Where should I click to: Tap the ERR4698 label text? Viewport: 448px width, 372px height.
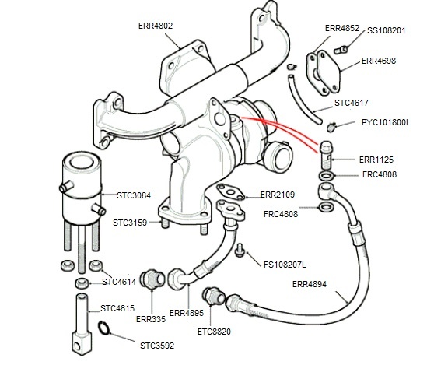point(380,60)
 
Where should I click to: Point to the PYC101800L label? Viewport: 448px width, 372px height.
point(387,123)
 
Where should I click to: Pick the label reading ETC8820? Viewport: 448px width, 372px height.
point(215,332)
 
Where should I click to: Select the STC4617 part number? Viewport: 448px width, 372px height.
point(351,102)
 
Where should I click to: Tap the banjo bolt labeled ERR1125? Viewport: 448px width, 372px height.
point(327,153)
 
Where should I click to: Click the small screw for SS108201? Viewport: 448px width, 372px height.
point(340,49)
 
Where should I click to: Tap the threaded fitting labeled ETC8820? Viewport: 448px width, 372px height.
point(210,297)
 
